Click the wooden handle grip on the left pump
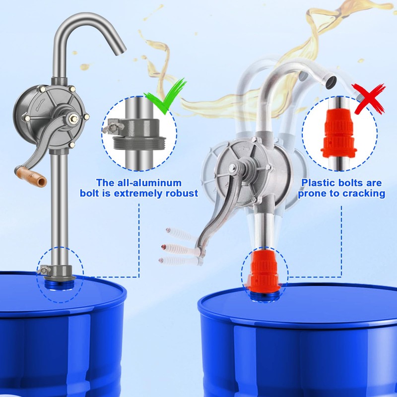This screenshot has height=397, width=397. pyautogui.click(x=31, y=176)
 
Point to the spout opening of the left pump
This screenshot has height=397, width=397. pyautogui.click(x=121, y=51)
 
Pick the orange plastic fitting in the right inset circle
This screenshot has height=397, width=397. pyautogui.click(x=339, y=133)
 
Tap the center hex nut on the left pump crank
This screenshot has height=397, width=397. pyautogui.click(x=74, y=118)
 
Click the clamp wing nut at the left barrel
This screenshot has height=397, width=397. pyautogui.click(x=44, y=270)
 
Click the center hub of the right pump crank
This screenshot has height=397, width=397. pyautogui.click(x=232, y=168)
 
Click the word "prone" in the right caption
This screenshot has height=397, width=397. pyautogui.click(x=313, y=194)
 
